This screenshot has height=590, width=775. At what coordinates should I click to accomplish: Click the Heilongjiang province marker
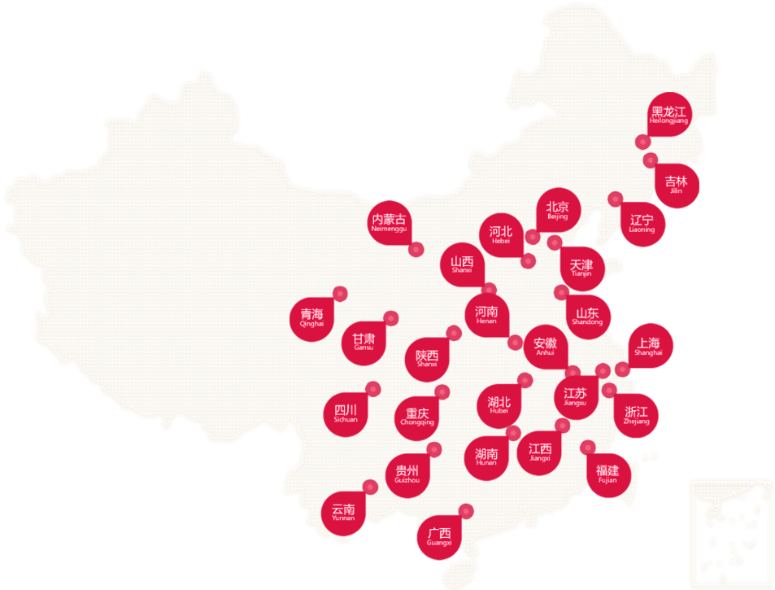668,115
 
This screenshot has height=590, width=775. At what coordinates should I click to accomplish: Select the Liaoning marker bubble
642,222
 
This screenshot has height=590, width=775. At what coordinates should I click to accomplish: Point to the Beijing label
558,210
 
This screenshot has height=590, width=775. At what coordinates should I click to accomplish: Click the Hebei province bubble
500,235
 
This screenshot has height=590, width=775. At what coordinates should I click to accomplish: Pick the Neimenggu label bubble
389,223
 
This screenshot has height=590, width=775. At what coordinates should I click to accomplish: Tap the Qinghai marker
311,317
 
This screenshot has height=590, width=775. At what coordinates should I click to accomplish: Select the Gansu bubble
364,341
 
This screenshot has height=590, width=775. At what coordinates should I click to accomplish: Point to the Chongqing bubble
417,416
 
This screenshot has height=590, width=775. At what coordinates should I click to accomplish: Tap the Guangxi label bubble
438,537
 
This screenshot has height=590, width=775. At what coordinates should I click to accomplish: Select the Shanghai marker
649,347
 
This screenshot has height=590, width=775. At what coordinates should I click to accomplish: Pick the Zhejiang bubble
638,414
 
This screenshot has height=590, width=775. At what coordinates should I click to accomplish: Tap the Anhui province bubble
545,347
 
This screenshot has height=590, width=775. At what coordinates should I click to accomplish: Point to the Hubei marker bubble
499,404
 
